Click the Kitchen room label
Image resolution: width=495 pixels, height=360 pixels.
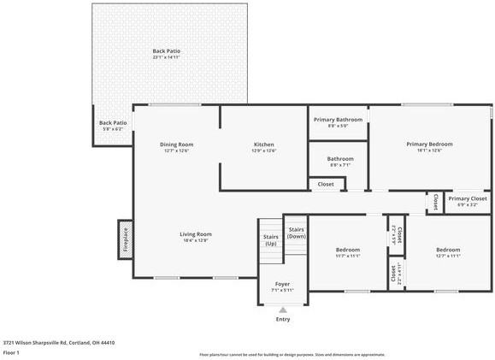tap(263, 147)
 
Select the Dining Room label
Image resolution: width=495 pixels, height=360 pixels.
tap(176, 147)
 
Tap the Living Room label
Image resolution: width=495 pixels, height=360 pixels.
tap(195, 237)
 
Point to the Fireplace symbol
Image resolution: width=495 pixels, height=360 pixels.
tap(124, 239)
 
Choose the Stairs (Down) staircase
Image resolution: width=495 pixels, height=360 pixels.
tap(296, 233)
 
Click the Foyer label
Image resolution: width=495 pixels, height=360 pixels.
tap(282, 286)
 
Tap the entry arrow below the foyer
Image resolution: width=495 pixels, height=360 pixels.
tap(282, 310)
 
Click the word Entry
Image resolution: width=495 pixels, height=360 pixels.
tap(282, 320)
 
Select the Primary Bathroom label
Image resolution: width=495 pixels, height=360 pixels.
tap(338, 122)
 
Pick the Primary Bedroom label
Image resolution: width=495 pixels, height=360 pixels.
tap(429, 147)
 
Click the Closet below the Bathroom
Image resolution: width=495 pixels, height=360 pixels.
tap(326, 184)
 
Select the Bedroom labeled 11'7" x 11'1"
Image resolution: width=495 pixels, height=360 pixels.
tap(347, 252)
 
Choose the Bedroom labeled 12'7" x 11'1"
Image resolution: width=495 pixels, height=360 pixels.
tap(448, 252)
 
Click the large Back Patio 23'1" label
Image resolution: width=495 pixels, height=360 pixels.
tap(167, 54)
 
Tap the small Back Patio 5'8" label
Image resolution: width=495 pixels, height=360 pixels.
tap(113, 126)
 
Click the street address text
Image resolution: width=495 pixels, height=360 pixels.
tap(58, 342)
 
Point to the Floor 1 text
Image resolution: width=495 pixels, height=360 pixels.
tap(12, 352)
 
